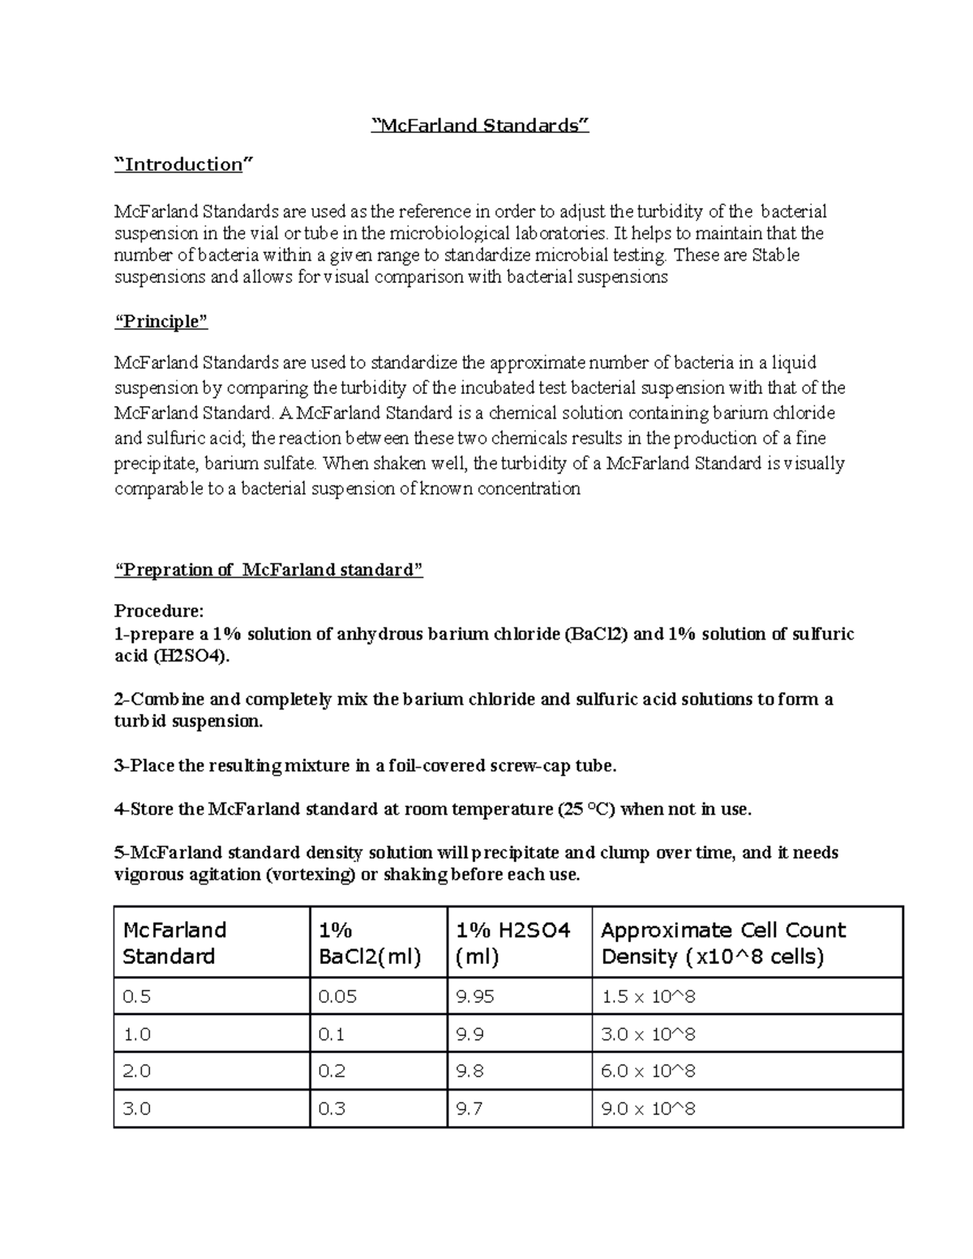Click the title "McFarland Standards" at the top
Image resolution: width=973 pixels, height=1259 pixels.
(x=479, y=126)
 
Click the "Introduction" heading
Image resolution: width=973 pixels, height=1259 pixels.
(x=183, y=165)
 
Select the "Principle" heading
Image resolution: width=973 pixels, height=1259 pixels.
(x=161, y=322)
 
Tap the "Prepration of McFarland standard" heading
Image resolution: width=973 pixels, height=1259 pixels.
(x=268, y=570)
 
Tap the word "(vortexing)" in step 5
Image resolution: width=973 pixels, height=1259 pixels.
(x=321, y=875)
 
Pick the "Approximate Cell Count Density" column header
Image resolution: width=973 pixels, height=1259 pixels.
(x=722, y=943)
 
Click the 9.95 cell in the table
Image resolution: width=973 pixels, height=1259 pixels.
(x=475, y=996)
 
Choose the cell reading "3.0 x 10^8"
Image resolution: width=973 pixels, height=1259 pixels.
(x=648, y=1034)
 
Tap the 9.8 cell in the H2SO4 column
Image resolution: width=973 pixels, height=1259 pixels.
(x=470, y=1071)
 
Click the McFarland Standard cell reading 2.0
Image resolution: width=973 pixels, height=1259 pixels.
(x=136, y=1071)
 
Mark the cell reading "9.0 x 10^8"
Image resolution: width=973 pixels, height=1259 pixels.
(x=648, y=1108)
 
